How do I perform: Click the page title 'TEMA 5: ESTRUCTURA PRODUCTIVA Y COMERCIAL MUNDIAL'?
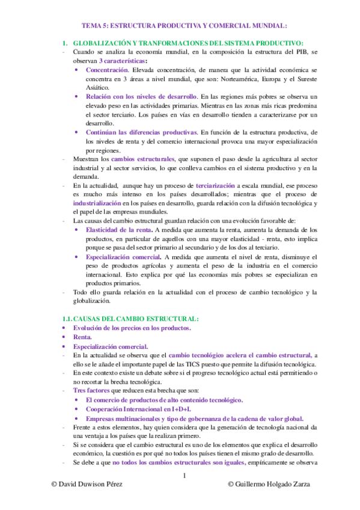click(x=185, y=26)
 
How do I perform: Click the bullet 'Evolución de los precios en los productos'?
click(x=132, y=328)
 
